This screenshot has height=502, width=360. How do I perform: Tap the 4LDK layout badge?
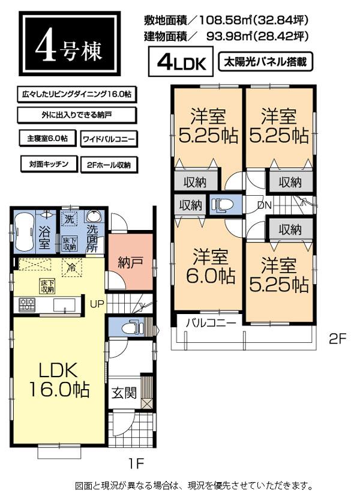point(181,62)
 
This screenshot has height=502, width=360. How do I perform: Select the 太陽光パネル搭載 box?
point(268,61)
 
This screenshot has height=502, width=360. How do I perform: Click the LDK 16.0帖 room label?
point(58,380)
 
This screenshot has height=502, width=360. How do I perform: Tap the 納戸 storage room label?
point(129,262)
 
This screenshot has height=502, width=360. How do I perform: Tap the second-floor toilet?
point(223,204)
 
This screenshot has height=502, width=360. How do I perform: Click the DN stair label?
point(263,205)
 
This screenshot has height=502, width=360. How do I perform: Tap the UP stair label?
point(97,304)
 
